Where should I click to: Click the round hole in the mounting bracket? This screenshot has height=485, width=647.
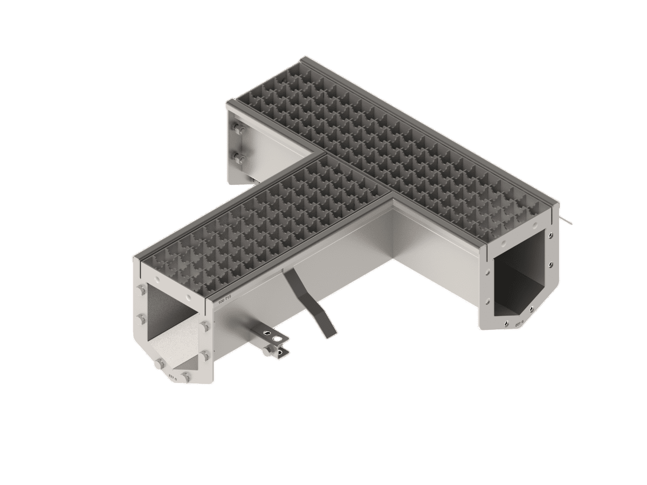[x=278, y=338]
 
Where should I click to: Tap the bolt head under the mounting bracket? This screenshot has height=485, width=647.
[x=267, y=351]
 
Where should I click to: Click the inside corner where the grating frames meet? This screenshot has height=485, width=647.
[x=392, y=198]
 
